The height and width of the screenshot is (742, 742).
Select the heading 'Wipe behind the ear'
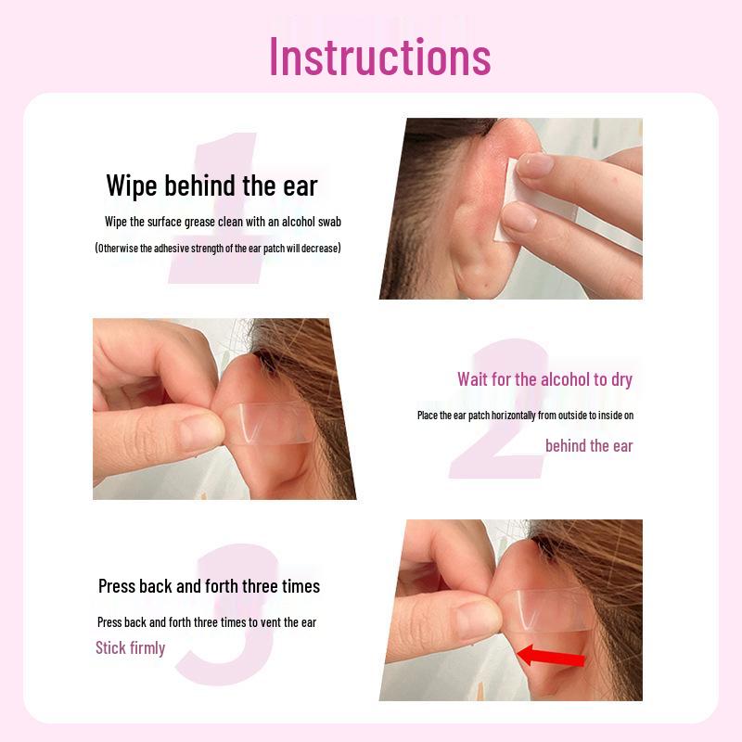211,185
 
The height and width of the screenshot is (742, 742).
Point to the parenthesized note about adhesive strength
218,248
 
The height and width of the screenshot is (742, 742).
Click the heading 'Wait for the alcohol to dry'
544,379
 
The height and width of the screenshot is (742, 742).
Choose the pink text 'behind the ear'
589,446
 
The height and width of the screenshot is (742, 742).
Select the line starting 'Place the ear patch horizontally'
525,416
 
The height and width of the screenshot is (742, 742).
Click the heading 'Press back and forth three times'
209,586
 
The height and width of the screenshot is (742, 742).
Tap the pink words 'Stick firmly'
130,647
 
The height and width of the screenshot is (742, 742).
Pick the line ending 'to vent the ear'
207,621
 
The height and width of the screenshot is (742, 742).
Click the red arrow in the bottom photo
551,657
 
